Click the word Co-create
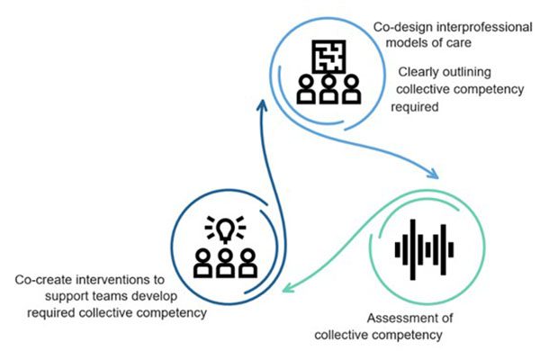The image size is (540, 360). [45, 279]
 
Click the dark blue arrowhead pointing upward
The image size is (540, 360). [262, 105]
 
